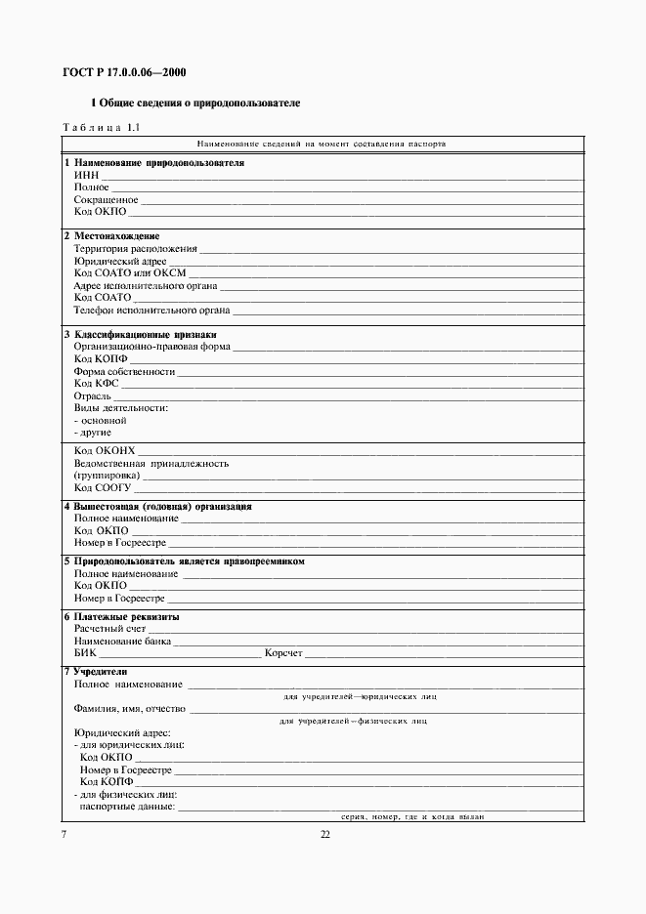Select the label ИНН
(x=86, y=175)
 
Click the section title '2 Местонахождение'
(x=111, y=236)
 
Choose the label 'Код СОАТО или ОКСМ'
(x=129, y=273)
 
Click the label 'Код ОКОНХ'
(x=105, y=450)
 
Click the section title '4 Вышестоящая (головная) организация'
(x=157, y=507)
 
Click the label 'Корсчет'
(x=284, y=654)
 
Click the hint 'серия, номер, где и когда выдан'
(x=412, y=816)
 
